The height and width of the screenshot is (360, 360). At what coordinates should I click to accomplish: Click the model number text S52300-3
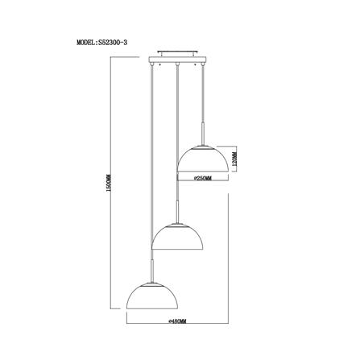[113, 43]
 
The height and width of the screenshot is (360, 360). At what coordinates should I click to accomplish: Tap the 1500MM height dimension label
[109, 183]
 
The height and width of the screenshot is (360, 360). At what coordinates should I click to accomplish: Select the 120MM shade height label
[234, 159]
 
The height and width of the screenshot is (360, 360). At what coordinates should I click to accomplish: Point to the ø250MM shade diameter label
[203, 178]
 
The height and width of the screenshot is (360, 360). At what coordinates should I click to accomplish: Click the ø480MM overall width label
[177, 321]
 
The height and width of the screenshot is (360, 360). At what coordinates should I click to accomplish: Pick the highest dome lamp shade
[203, 159]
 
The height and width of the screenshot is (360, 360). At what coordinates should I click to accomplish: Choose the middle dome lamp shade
[177, 237]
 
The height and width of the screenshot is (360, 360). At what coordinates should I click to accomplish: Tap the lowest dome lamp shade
[152, 296]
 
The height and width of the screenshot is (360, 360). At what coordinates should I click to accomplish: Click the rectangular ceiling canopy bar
[177, 60]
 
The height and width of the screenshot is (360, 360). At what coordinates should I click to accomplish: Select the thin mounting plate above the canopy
[177, 51]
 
